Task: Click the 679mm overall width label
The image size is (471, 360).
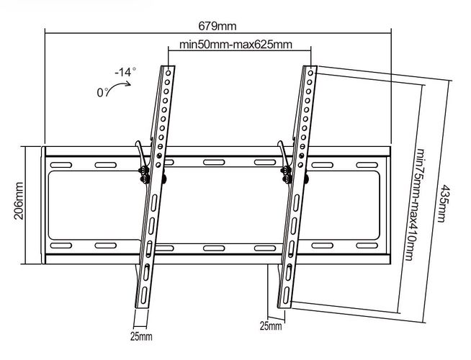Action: tap(220, 27)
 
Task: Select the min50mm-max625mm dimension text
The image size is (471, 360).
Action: tap(235, 45)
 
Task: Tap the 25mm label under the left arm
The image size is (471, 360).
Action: tap(142, 336)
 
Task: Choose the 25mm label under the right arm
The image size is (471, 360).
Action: tap(272, 326)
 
